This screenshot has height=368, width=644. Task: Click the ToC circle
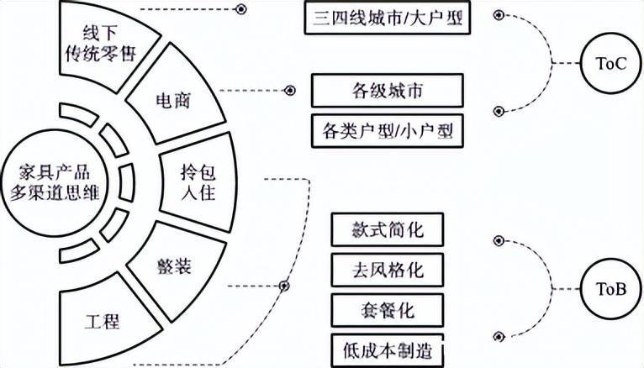[604, 64]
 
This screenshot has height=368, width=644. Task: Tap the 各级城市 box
[387, 91]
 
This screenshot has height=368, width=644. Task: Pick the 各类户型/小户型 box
[387, 130]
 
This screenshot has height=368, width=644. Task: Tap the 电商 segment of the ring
[172, 98]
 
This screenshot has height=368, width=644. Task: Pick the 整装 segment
[174, 268]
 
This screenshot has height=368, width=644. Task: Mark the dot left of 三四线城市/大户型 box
[240, 9]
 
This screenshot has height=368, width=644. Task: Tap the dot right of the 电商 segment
[290, 90]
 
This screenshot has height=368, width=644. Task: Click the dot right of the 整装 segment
[284, 287]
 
